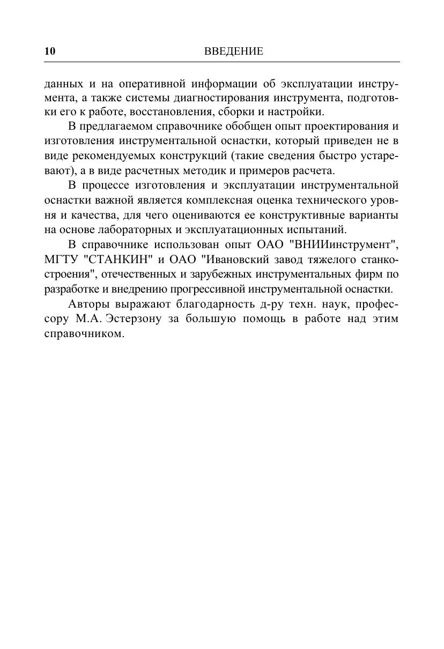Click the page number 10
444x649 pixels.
(49, 51)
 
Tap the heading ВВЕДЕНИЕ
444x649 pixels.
(234, 51)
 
